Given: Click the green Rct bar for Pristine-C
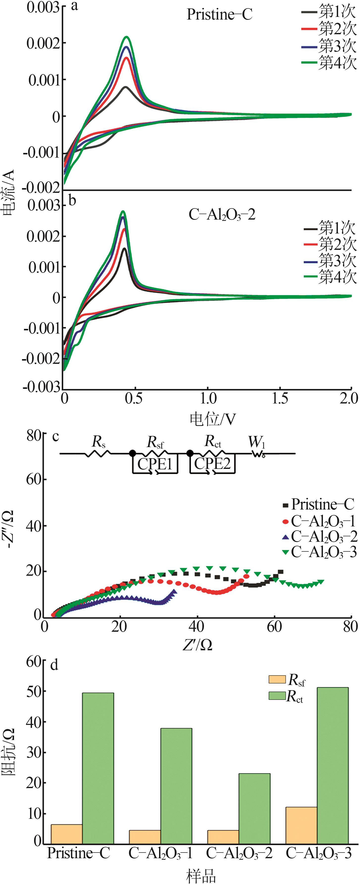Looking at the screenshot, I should pyautogui.click(x=98, y=768).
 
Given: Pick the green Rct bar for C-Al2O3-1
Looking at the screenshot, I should pyautogui.click(x=176, y=786).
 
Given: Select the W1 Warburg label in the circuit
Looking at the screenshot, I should pyautogui.click(x=257, y=442).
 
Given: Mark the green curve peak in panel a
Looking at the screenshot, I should pyautogui.click(x=127, y=37).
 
